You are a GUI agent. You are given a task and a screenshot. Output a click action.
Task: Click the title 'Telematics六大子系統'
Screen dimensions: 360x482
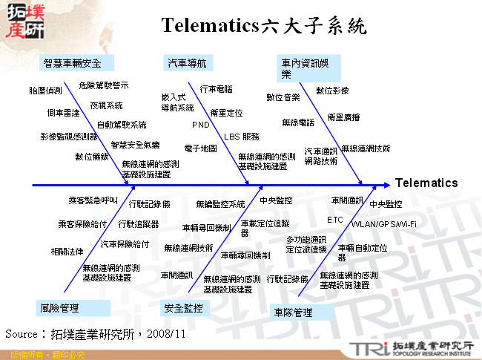tap(263, 27)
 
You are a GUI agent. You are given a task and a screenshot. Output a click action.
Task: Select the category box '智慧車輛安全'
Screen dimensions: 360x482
tap(72, 62)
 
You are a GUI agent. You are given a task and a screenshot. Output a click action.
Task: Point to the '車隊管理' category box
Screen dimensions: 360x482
tap(293, 313)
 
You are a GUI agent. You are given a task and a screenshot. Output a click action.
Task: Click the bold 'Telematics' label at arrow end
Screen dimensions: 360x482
tap(426, 183)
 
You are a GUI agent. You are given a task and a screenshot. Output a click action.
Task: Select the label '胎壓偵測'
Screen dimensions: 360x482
tap(46, 91)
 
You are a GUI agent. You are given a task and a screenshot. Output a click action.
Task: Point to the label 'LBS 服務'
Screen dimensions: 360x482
tap(242, 137)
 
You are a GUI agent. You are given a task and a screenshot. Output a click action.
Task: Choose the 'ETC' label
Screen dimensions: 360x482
tap(335, 220)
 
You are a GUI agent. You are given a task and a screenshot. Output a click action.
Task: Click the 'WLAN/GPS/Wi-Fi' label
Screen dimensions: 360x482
tap(383, 223)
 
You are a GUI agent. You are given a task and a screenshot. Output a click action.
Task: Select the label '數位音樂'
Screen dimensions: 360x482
tap(283, 97)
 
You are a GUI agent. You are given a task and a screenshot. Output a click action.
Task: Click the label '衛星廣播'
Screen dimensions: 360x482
tap(343, 117)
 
